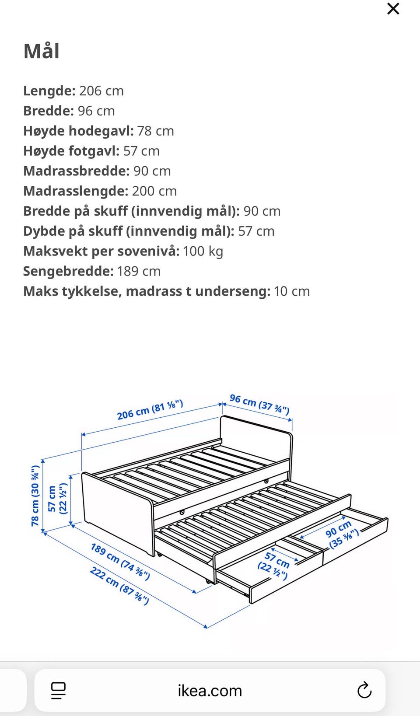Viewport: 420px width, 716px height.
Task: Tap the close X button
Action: pos(393,9)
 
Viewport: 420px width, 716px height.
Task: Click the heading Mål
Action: pos(42,51)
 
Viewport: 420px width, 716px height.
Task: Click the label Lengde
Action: pos(49,91)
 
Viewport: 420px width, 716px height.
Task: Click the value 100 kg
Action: pos(203,251)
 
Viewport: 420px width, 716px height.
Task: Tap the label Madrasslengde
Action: pos(75,191)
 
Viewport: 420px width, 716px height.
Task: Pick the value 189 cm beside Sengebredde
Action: pos(139,272)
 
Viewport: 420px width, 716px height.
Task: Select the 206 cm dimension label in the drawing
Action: pos(150,410)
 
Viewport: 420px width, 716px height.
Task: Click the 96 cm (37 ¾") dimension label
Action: pos(259,404)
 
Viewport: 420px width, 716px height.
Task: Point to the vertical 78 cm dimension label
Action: pos(35,495)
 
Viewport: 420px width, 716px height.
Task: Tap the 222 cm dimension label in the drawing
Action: pos(119,585)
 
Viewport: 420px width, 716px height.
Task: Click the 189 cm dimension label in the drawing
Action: pos(120,562)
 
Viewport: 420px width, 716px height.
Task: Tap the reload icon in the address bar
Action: pos(364,691)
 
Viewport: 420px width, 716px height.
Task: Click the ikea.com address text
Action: pos(210,691)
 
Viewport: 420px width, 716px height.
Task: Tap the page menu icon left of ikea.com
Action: pos(58,691)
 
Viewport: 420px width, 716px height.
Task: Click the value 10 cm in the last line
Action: pos(292,292)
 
